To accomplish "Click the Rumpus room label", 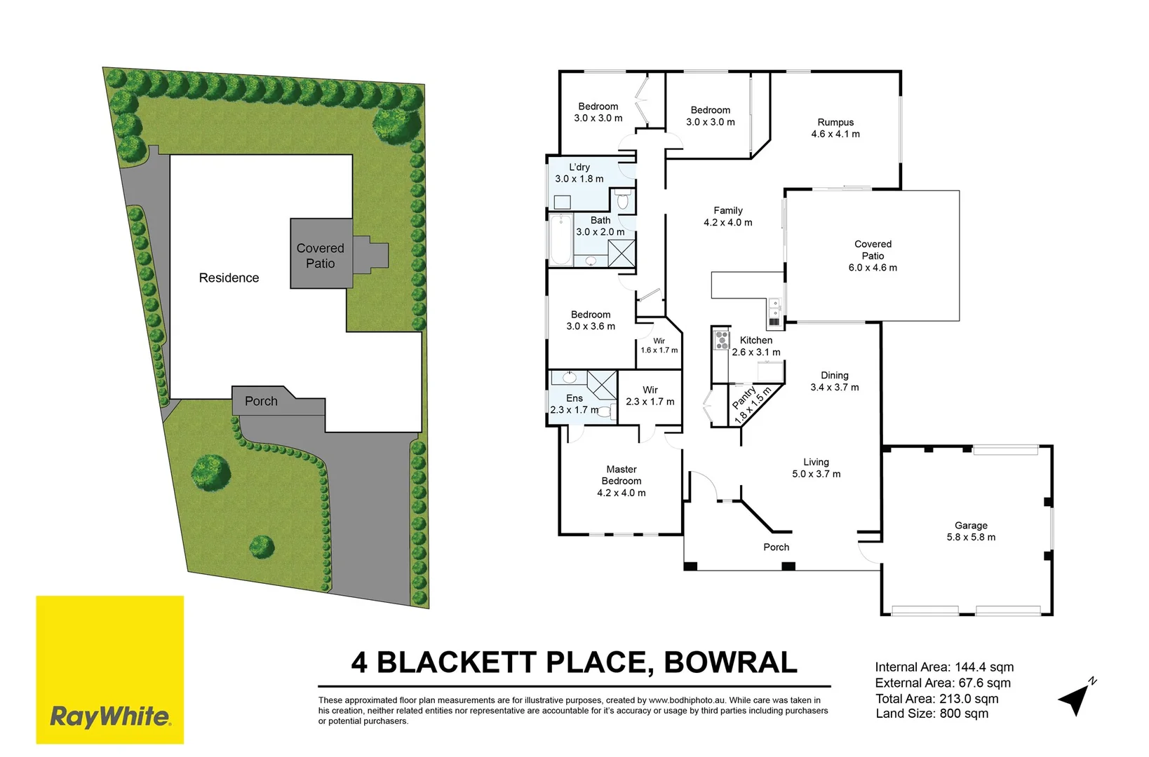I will click(835, 128).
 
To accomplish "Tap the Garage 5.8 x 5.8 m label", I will click(971, 531).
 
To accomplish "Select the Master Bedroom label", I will click(621, 481).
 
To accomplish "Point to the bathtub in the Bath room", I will click(560, 240).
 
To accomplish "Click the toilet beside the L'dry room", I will click(623, 201).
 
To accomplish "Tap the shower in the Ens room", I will click(602, 384).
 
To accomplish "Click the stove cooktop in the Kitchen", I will click(722, 341).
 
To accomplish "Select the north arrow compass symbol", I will click(1076, 697).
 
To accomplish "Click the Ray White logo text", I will click(109, 716).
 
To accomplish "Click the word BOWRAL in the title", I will click(730, 662).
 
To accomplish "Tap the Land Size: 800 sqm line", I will click(932, 714).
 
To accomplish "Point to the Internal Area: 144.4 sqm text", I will click(944, 667).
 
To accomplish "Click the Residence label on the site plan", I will click(229, 278).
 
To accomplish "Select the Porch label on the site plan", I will click(261, 401).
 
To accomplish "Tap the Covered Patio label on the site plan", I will click(320, 255).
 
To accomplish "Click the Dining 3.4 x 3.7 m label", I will click(834, 381).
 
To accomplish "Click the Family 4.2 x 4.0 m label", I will click(728, 216).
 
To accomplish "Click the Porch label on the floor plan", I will click(776, 547).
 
